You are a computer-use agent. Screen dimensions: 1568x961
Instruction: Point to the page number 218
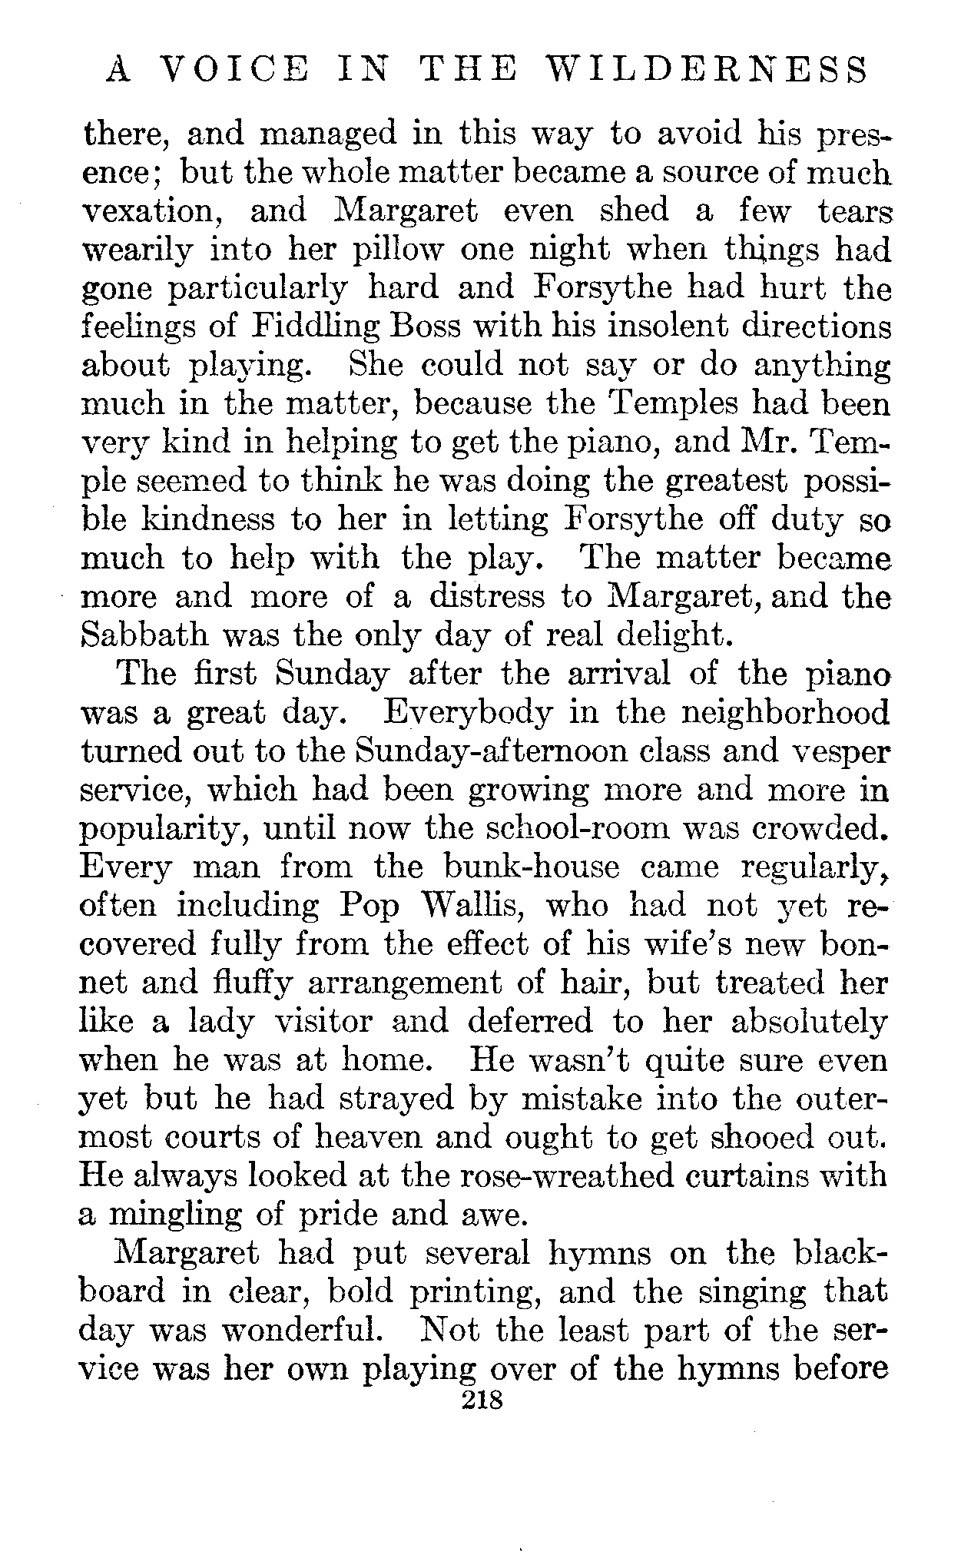[481, 1401]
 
